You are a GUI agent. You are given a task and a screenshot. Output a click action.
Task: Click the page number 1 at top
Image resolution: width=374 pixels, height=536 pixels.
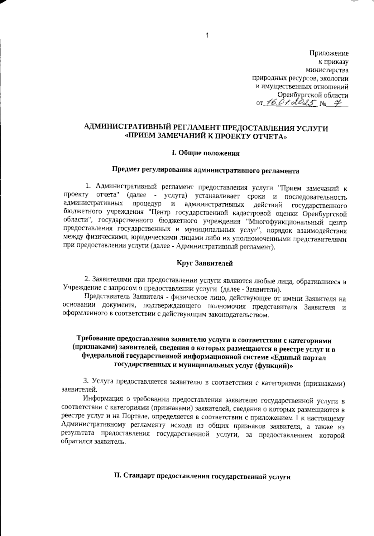(207, 35)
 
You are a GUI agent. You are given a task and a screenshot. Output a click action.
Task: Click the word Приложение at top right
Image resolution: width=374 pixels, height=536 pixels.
(329, 53)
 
